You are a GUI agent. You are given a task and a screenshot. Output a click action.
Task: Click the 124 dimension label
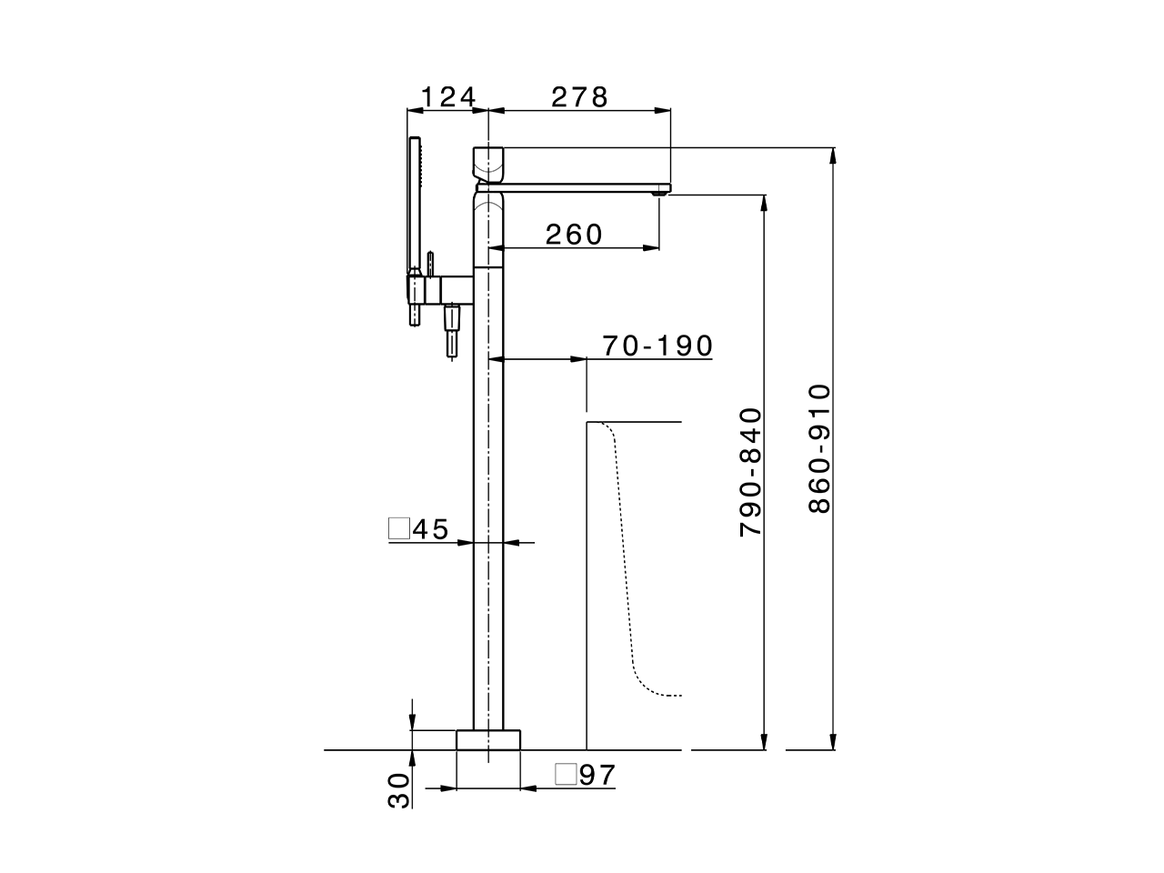[x=447, y=96]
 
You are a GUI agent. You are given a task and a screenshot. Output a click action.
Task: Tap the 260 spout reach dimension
[x=574, y=235]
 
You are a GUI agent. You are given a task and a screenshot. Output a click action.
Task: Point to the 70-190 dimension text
[x=657, y=346]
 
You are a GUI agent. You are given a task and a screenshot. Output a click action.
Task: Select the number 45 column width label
[x=431, y=529]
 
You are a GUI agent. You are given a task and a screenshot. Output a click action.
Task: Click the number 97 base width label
[x=597, y=775]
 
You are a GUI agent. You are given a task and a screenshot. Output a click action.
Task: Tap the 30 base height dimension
[x=398, y=790]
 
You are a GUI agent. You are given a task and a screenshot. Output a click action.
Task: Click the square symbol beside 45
[x=398, y=528]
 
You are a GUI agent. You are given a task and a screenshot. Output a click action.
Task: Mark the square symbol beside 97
[x=565, y=775]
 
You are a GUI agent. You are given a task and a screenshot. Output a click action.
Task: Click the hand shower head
[x=416, y=205]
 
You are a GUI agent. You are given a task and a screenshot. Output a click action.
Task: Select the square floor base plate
[x=488, y=738]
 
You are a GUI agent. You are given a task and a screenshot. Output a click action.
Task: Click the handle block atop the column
[x=488, y=163]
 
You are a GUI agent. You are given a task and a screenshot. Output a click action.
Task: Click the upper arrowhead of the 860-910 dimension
[x=832, y=155]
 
